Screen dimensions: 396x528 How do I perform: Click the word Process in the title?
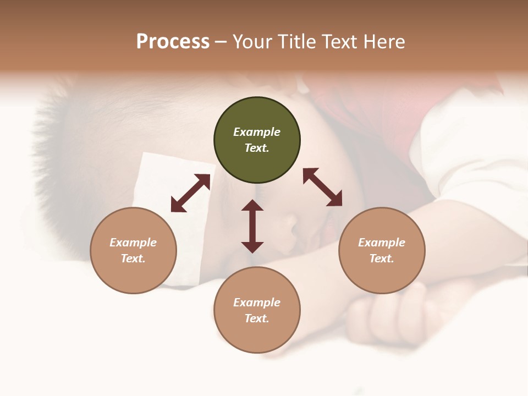[x=173, y=42]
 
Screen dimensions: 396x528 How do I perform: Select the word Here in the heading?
[x=384, y=42]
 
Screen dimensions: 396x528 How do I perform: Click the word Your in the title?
[x=254, y=42]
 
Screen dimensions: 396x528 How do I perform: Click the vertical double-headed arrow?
[x=252, y=226]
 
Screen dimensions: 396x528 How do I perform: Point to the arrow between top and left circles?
[x=190, y=193]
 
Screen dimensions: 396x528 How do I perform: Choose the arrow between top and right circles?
[x=322, y=187]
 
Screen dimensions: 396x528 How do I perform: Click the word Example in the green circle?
[x=257, y=132]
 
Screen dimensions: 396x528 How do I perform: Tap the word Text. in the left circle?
[x=133, y=258]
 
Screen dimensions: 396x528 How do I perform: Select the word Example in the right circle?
[x=382, y=243]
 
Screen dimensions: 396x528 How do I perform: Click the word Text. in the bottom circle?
[x=257, y=318]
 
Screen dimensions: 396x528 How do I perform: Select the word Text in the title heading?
[x=339, y=42]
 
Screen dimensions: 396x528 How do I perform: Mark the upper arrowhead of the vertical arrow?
[x=252, y=205]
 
